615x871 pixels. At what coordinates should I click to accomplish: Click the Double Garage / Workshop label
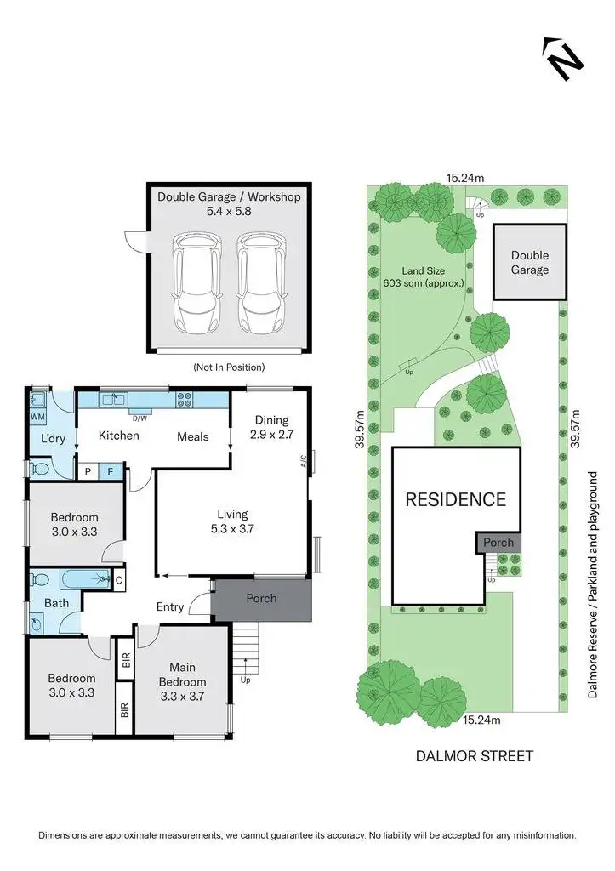pos(229,203)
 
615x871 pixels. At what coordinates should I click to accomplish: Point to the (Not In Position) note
pos(228,367)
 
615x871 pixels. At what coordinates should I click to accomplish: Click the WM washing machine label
pos(37,418)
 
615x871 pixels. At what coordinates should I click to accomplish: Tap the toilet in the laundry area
pos(38,467)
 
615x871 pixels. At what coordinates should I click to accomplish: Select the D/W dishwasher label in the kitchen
pos(138,418)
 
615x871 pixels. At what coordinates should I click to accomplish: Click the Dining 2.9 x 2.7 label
pos(271,427)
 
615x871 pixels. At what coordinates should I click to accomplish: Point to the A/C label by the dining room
pos(303,464)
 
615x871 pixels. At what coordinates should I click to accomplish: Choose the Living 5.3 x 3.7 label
pos(231,521)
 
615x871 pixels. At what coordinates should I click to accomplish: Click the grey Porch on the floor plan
pos(261,599)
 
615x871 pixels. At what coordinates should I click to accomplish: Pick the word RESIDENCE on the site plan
pos(455,499)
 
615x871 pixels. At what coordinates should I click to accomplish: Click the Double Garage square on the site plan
pos(529,262)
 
